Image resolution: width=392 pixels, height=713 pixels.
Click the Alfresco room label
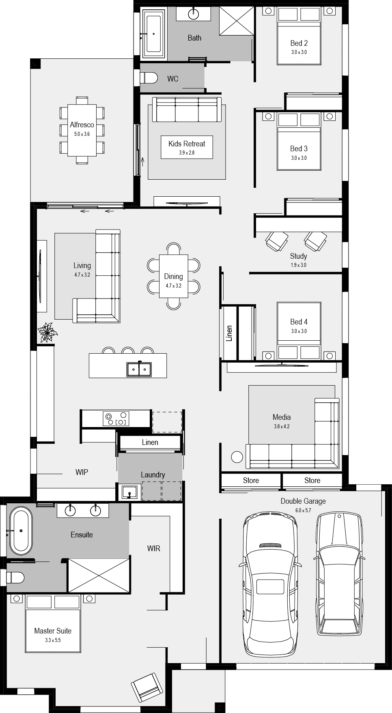82,125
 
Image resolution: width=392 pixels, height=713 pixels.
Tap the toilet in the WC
149,77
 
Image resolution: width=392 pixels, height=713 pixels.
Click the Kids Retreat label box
187,147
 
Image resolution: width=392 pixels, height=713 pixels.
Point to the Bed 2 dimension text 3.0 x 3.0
299,52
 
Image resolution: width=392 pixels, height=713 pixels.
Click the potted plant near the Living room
47,332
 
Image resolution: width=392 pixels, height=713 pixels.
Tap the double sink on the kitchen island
139,369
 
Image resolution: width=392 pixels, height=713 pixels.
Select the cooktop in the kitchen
116,418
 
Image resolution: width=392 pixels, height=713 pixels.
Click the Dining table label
173,277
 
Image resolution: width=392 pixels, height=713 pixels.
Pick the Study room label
298,256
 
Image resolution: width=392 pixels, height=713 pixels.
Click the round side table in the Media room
237,457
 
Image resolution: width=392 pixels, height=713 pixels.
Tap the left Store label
251,481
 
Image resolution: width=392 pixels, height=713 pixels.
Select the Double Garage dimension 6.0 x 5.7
303,510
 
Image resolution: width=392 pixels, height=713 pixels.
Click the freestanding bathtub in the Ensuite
21,530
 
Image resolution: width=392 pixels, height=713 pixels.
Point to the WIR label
153,549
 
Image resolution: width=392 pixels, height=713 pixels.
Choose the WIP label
82,472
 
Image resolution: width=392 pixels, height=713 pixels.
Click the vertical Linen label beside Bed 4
229,333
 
